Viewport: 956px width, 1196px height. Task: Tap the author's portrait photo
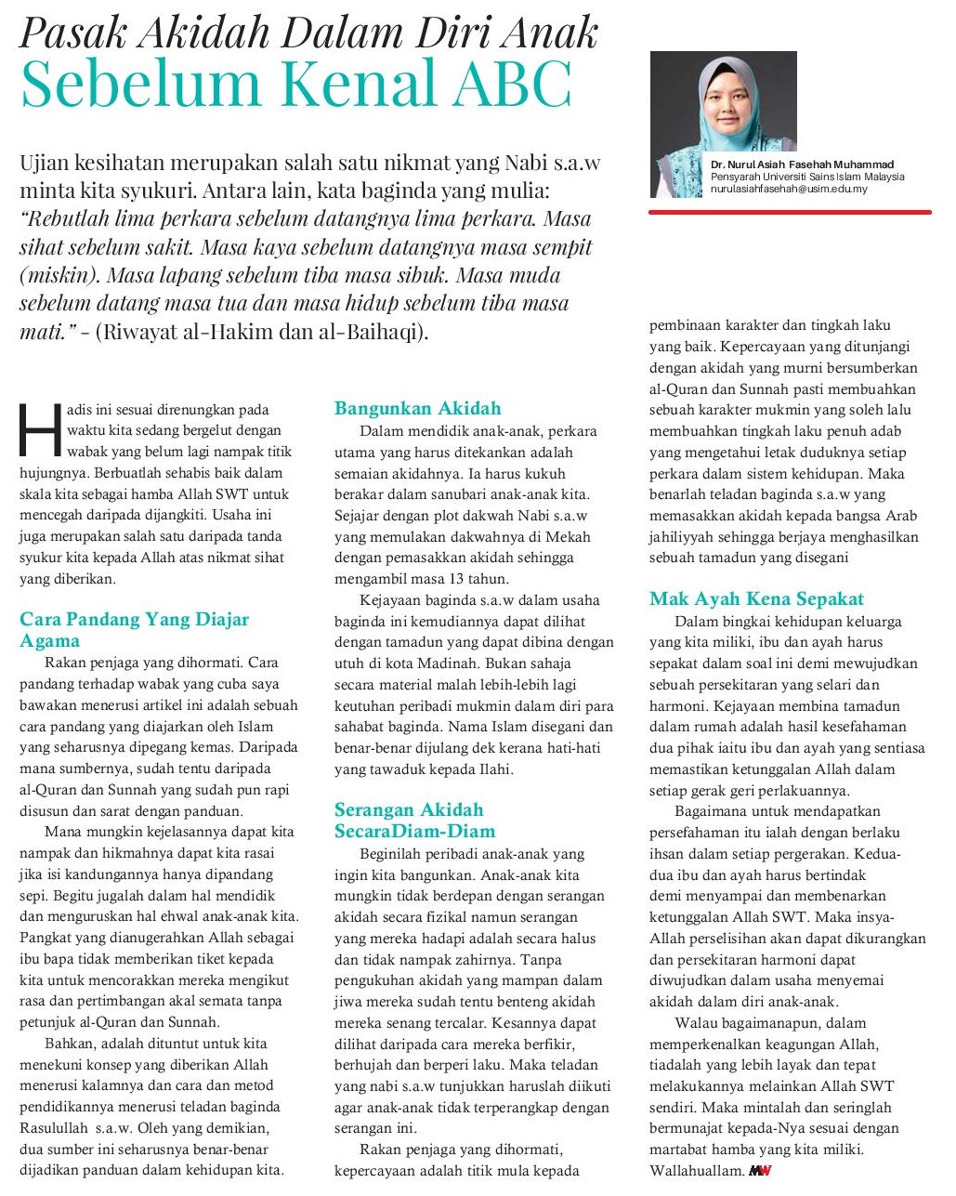pyautogui.click(x=723, y=124)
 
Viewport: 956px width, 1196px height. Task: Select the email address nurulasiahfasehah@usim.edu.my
pyautogui.click(x=789, y=189)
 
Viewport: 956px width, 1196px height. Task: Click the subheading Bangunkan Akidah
pyautogui.click(x=417, y=409)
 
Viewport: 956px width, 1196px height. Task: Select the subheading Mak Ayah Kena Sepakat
pyautogui.click(x=756, y=599)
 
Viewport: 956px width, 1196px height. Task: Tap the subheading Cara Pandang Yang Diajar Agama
pyautogui.click(x=134, y=629)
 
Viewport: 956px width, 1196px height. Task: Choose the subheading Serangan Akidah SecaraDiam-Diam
pyautogui.click(x=414, y=821)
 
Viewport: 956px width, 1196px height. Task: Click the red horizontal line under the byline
pyautogui.click(x=790, y=212)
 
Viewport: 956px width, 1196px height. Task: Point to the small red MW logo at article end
pyautogui.click(x=760, y=1171)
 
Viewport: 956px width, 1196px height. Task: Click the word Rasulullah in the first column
pyautogui.click(x=59, y=1128)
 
